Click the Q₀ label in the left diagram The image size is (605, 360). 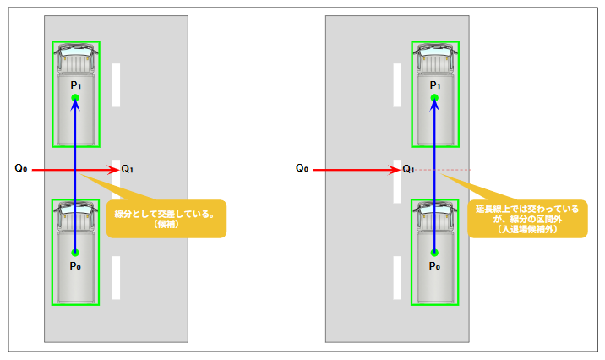(x=21, y=169)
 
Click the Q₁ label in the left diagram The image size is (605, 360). (x=127, y=169)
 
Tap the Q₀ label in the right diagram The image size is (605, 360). (x=302, y=169)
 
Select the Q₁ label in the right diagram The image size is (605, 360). (x=408, y=169)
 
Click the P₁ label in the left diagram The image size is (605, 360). (x=75, y=85)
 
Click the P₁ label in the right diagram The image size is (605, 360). (x=434, y=85)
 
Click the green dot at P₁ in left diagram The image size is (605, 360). (x=75, y=99)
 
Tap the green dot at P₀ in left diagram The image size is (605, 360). (x=75, y=252)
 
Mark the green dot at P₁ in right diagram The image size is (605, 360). (x=434, y=99)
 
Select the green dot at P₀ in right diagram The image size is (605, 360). (x=434, y=252)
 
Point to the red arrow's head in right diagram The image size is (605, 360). (x=395, y=170)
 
